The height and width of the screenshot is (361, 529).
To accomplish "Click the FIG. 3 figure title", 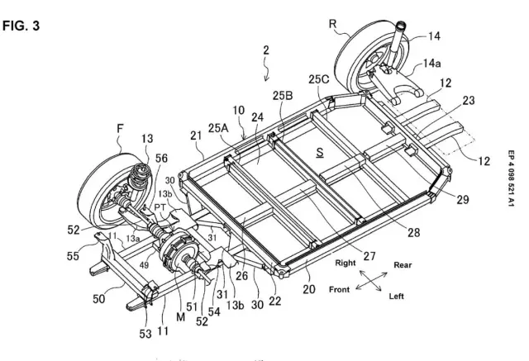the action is pos(21,26).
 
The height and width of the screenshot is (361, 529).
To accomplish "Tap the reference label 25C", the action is pos(318,79).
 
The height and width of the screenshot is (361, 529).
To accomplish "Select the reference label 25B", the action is pos(283,96).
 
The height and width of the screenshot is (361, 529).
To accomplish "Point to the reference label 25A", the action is pos(218,128).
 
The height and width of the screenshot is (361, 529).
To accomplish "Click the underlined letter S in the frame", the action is pos(320,153).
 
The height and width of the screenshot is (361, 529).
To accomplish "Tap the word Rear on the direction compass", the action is pos(403,265).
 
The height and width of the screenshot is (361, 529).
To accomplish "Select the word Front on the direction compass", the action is pos(339,289).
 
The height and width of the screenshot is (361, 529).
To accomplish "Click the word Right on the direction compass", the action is pos(346,263).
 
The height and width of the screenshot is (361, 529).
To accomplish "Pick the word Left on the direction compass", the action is pos(397,297).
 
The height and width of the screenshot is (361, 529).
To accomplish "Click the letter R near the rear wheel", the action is pos(332,24).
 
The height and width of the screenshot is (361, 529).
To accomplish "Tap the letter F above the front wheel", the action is pos(120,128).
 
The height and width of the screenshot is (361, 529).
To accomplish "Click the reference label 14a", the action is pos(431,63).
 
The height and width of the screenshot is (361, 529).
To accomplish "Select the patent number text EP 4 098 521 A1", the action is pos(511,178).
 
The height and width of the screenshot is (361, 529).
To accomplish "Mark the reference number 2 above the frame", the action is pos(266,50).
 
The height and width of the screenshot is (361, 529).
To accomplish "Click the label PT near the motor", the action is pos(160,207).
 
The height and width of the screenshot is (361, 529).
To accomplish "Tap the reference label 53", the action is pos(145,334).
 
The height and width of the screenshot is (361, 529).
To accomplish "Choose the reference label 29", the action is pos(463,200).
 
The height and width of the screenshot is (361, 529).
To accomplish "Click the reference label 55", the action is pos(73,256).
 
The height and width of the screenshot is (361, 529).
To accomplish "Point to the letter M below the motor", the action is pos(180,317).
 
